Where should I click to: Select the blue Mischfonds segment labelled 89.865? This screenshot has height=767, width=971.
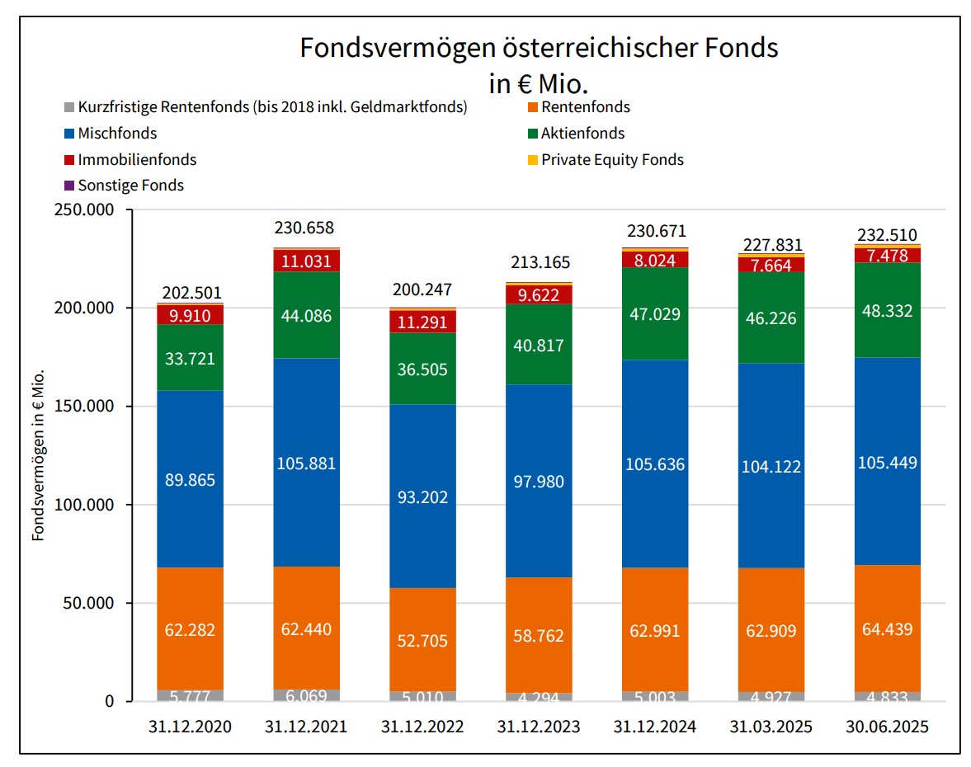[190, 479]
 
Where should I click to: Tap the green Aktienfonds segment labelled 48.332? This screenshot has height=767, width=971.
[887, 310]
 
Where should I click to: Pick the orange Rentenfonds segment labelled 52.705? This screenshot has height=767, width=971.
[422, 640]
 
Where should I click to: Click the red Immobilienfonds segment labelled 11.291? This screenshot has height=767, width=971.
[422, 322]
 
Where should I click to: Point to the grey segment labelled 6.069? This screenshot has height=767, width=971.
[306, 695]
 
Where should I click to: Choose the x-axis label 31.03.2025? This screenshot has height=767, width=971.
[771, 727]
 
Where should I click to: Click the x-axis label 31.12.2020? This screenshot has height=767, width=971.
[190, 727]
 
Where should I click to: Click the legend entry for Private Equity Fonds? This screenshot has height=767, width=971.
[612, 160]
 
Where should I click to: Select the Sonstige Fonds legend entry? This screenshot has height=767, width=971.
[130, 186]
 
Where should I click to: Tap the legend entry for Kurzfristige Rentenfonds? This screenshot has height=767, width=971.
[272, 107]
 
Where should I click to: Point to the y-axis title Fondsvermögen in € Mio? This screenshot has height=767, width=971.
[38, 456]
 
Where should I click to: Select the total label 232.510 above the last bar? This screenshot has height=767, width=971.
[887, 235]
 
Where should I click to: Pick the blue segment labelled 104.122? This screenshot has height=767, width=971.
[771, 466]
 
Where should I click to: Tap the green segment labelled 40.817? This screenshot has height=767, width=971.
[539, 345]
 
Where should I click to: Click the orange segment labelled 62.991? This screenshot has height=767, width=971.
[655, 631]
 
